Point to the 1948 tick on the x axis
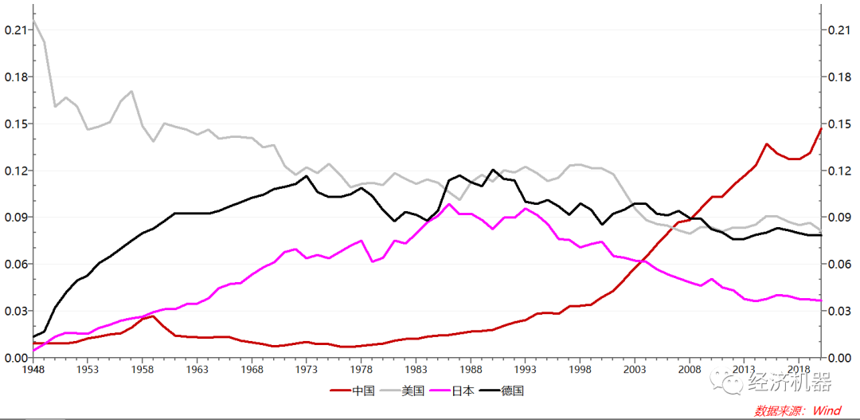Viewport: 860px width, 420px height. tap(33, 370)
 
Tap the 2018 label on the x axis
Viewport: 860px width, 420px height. tap(799, 370)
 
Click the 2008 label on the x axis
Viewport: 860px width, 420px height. tap(689, 370)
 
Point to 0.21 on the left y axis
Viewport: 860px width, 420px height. tap(16, 30)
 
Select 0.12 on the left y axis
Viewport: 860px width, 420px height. tap(16, 171)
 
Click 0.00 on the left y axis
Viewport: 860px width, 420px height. tap(16, 358)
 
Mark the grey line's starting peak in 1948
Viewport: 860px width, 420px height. tap(33, 22)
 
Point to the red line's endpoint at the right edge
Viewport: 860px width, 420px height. tap(820, 128)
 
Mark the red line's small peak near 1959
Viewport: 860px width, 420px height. tap(153, 316)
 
